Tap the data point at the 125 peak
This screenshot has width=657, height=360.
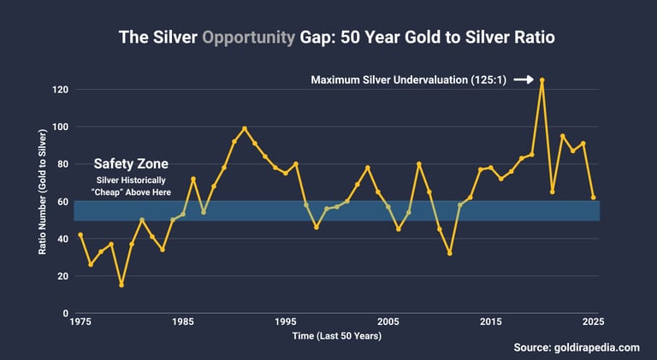click(542, 80)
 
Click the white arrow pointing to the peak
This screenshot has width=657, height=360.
click(523, 80)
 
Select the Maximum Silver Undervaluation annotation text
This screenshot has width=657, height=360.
click(409, 80)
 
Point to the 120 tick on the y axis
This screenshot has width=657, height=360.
click(59, 90)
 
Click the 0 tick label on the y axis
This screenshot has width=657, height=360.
click(65, 313)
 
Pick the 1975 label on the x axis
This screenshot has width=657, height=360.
click(80, 322)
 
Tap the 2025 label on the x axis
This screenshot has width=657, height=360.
click(594, 322)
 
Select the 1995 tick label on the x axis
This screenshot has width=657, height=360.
click(286, 322)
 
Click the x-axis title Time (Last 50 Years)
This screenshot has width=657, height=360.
click(337, 336)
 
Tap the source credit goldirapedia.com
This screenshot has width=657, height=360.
click(577, 347)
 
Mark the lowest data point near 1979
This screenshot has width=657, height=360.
click(121, 285)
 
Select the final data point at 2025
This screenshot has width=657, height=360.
click(594, 198)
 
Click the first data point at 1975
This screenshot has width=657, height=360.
click(80, 234)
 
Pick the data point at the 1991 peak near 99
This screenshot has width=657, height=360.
click(245, 128)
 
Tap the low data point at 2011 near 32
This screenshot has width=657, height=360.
click(450, 253)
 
